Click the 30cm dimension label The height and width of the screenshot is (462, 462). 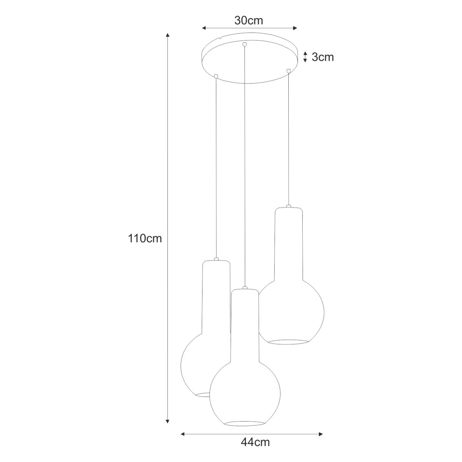[249, 21]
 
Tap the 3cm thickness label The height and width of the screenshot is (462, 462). [323, 57]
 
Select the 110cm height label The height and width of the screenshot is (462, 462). [145, 239]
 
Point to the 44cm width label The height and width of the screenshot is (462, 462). [255, 449]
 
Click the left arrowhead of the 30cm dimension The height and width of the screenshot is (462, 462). [204, 28]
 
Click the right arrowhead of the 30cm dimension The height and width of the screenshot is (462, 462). [295, 28]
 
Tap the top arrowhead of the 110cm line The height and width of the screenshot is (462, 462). [168, 35]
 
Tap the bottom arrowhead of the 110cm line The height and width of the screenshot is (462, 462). [168, 427]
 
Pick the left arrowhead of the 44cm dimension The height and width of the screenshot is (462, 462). [183, 441]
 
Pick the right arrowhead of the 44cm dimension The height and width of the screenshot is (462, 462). [321, 441]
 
